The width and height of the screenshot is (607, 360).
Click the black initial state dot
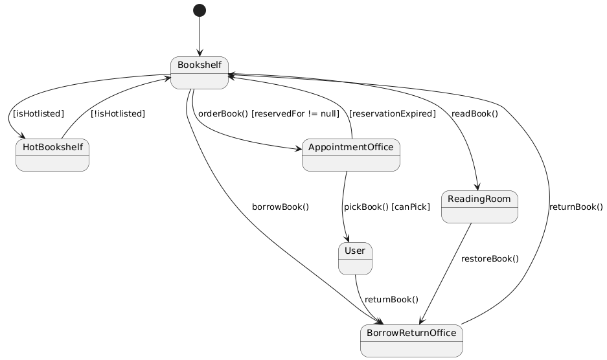[x=200, y=10]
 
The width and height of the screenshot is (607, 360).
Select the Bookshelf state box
[x=200, y=72]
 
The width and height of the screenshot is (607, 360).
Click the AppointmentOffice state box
[x=350, y=155]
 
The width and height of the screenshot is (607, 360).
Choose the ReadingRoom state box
[x=479, y=207]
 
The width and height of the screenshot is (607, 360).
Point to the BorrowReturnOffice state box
[x=411, y=341]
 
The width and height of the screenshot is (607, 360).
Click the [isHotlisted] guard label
[x=38, y=113]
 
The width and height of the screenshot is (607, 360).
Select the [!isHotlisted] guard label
[x=117, y=113]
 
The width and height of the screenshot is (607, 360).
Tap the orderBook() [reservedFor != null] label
[x=268, y=113]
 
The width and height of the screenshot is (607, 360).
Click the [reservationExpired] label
[x=392, y=113]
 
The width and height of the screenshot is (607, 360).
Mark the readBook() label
[x=475, y=113]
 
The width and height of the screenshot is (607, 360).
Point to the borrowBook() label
[x=280, y=207]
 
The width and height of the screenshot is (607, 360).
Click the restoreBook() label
[x=490, y=259]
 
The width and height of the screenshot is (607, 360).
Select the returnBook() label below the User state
[x=391, y=300]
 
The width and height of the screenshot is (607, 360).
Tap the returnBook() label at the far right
[x=575, y=207]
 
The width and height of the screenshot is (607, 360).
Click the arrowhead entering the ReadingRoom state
[x=477, y=187]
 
